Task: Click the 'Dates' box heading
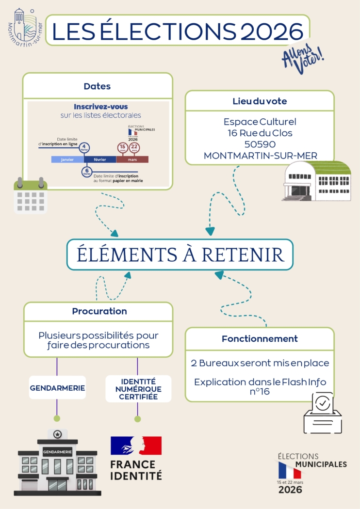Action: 97,86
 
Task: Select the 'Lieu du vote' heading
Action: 260,101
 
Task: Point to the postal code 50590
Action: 260,144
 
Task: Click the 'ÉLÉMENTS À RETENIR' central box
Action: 180,254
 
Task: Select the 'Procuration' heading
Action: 99,311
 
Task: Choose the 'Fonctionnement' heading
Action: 260,338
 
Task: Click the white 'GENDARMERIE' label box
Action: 58,388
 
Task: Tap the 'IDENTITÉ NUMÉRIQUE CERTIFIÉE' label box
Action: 138,389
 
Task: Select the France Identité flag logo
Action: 136,445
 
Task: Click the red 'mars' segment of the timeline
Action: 132,159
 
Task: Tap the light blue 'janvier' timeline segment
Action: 67,159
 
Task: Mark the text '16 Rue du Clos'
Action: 260,133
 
